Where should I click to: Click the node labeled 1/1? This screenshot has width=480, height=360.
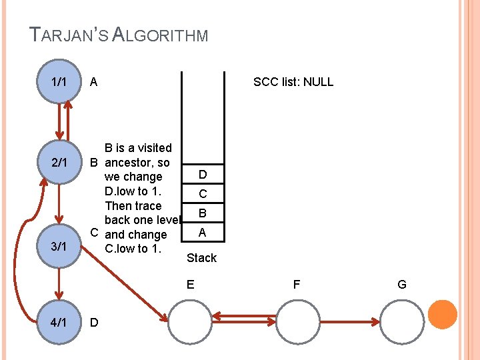tap(59, 82)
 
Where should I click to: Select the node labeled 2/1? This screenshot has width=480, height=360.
tap(59, 162)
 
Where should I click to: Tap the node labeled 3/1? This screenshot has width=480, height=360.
tap(59, 247)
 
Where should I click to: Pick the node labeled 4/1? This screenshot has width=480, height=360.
tap(59, 323)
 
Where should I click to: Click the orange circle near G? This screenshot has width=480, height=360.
tap(442, 315)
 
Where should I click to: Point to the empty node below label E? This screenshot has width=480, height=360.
tap(191, 322)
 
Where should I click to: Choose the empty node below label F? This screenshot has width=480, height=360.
tap(297, 322)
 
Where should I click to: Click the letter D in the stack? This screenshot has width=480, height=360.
tap(203, 175)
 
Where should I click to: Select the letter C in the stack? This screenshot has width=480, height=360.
tap(203, 194)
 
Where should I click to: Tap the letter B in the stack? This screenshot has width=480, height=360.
tap(203, 213)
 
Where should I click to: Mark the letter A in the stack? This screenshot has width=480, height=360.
tap(203, 232)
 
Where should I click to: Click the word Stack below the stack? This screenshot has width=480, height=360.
tap(201, 257)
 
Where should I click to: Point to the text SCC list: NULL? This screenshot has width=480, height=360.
tap(293, 82)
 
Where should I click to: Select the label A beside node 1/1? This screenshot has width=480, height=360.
tap(93, 82)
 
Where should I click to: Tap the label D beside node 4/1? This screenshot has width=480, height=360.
tap(94, 323)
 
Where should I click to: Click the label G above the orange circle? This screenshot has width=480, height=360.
tap(402, 285)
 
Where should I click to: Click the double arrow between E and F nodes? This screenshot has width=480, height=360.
tap(243, 319)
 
